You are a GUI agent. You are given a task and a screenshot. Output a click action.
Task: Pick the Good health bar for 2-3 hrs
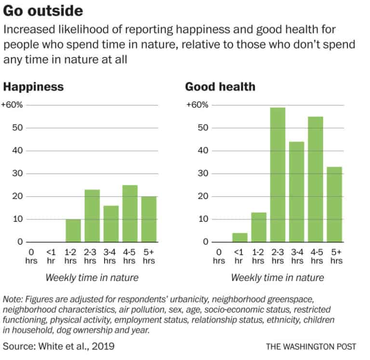277,174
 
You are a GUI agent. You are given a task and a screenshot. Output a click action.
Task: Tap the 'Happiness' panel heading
33,87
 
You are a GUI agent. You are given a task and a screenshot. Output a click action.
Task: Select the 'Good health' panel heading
220,87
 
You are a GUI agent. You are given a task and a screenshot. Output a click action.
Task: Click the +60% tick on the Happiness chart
12,105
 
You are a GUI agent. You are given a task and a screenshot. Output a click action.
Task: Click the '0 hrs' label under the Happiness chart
31,256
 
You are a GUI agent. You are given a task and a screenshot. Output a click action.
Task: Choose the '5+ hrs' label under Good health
337,256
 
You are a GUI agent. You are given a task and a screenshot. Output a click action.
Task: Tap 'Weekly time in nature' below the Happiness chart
92,278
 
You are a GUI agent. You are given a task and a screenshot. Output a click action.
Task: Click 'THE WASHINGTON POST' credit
311,347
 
